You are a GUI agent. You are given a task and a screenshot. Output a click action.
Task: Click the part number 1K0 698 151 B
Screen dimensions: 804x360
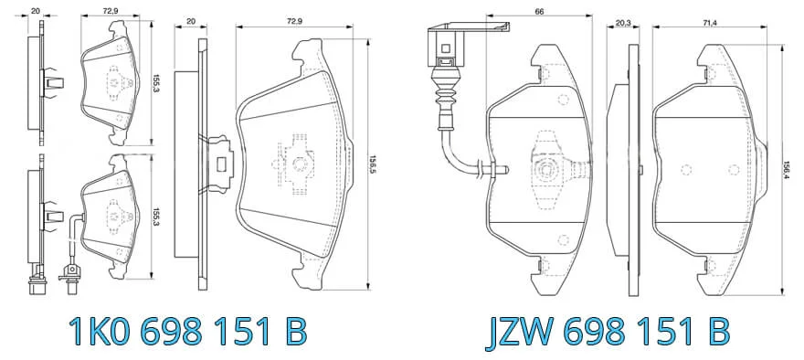(x=187, y=332)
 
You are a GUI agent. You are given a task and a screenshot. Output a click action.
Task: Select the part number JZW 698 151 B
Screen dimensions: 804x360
(x=607, y=332)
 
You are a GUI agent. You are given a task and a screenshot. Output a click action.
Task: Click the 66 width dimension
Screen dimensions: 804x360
(x=539, y=11)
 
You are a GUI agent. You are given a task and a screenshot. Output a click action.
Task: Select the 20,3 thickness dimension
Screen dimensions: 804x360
(x=622, y=23)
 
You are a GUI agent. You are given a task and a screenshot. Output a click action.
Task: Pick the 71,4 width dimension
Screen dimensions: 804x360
(x=710, y=23)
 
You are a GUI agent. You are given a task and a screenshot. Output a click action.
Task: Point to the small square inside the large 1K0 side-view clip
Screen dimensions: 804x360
(x=222, y=164)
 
